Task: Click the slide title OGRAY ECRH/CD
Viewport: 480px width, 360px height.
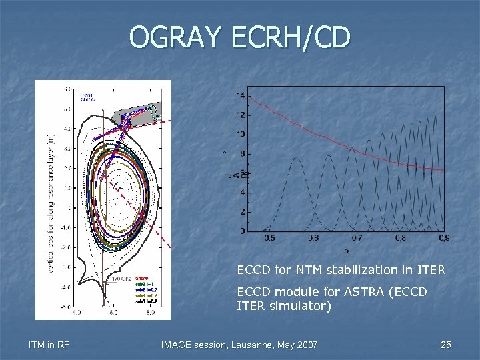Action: coord(239,37)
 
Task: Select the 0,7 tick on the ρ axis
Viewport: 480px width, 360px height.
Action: coord(358,238)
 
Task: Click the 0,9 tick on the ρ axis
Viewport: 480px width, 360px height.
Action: coord(444,238)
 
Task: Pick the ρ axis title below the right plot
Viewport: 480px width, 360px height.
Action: coord(345,251)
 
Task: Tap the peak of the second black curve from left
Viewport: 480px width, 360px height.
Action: coord(328,156)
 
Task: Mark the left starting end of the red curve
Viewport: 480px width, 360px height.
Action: coord(249,97)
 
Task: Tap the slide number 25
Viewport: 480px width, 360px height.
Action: coord(445,345)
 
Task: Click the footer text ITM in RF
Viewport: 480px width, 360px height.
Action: coord(49,345)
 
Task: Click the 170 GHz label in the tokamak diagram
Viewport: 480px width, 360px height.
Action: coord(120,278)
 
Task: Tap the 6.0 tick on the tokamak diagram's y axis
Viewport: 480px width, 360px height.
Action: coord(68,88)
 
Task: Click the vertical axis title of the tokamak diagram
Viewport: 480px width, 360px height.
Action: coord(51,200)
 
